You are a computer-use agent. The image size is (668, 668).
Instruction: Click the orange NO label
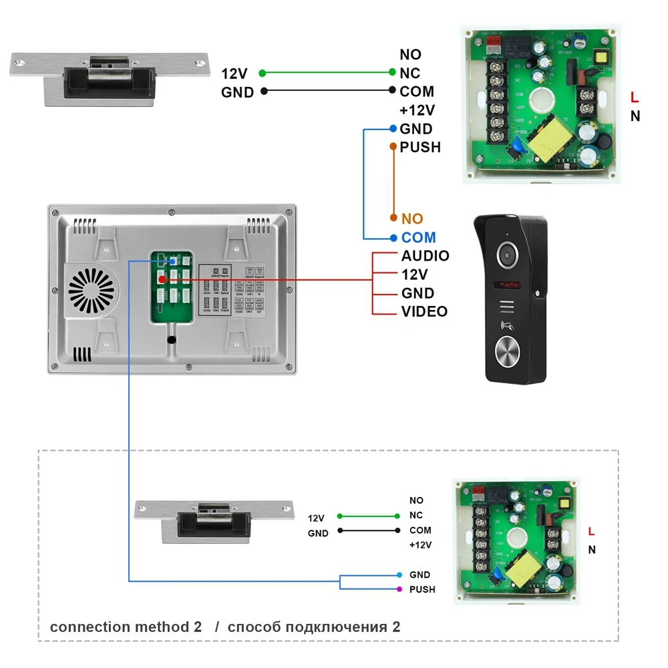[412, 218]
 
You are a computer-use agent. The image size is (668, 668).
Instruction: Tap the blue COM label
[418, 237]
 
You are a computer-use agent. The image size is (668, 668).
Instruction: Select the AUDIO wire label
[425, 256]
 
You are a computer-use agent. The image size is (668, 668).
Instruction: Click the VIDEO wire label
[424, 311]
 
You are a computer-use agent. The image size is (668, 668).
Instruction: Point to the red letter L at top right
[635, 98]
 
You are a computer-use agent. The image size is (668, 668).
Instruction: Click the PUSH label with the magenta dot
[422, 589]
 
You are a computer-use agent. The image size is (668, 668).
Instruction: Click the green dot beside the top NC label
[392, 73]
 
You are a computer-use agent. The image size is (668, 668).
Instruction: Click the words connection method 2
[126, 627]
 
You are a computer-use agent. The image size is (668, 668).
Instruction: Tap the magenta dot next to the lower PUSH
[399, 589]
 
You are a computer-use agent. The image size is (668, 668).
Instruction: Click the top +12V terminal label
[417, 110]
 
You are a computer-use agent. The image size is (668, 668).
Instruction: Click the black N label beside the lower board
[592, 550]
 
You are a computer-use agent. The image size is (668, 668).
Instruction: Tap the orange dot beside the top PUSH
[392, 146]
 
